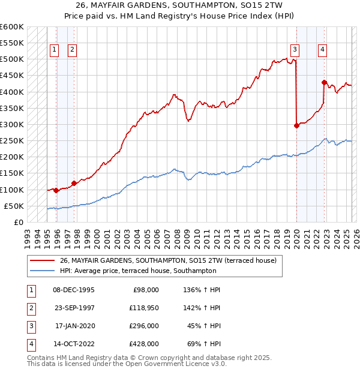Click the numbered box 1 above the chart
tap(55, 50)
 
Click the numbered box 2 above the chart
tap(72, 50)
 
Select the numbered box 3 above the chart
tap(295, 50)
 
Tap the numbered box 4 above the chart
tap(322, 50)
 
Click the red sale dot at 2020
tap(296, 125)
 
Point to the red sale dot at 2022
tap(324, 82)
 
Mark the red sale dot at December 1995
tap(56, 190)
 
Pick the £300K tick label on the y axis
tap(12, 124)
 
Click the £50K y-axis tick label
tap(14, 206)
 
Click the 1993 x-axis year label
tap(27, 234)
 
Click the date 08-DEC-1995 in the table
tap(73, 290)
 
